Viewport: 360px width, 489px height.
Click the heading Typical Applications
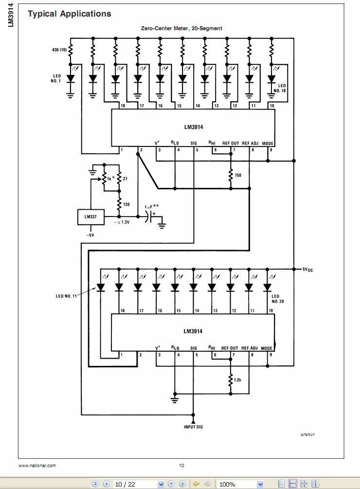[70, 14]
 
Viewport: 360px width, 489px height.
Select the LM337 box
[91, 217]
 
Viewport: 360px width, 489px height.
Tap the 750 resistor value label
[238, 175]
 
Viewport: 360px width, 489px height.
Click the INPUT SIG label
[193, 427]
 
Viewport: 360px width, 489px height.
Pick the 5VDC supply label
[307, 269]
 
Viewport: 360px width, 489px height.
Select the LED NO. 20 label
[275, 299]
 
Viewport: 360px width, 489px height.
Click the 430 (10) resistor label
[59, 50]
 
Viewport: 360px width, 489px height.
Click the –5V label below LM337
[90, 235]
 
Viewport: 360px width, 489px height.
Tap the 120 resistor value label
[126, 204]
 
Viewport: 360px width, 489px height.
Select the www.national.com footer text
[37, 466]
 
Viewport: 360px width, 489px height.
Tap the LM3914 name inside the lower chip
[193, 331]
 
